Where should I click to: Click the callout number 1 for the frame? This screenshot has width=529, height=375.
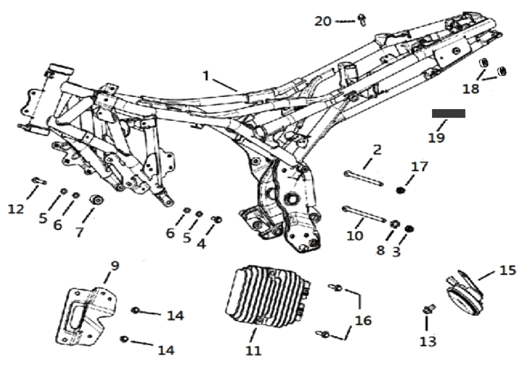206,76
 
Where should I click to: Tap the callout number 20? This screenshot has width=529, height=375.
323,21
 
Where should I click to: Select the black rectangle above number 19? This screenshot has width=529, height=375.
448,113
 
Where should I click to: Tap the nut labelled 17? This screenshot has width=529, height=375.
402,190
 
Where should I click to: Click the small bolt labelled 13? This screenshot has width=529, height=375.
428,309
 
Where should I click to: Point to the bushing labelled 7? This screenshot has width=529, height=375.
95,199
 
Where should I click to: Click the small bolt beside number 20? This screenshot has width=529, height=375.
363,20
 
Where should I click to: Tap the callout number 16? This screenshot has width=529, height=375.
363,320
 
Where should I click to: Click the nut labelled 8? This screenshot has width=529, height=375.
394,225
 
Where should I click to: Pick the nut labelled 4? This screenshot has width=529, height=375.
218,219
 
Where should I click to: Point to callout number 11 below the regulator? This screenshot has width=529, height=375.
254,350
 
